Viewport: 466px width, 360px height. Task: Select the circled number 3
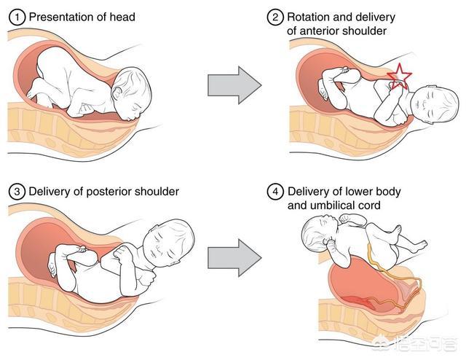pos(16,192)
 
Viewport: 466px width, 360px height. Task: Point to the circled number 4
pos(274,193)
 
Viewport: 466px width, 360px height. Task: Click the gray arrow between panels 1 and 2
pos(234,85)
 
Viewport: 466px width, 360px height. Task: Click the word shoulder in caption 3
pos(157,192)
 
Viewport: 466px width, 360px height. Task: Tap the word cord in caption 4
pos(370,206)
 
